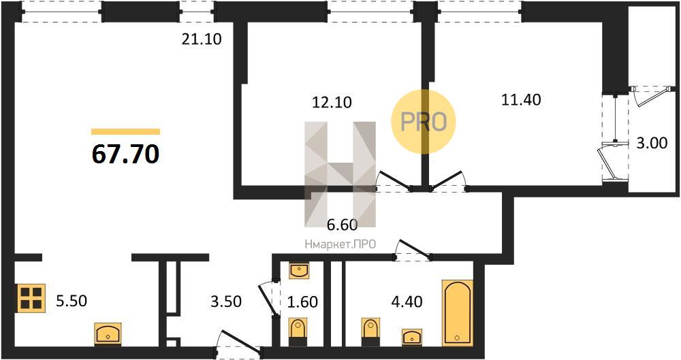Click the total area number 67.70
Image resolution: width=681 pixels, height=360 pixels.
[125, 154]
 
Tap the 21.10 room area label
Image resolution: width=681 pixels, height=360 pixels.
[202, 39]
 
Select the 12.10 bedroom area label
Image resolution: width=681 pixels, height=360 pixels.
[332, 103]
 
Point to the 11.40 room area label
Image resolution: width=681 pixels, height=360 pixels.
[521, 100]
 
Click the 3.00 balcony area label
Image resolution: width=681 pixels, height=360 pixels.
[652, 143]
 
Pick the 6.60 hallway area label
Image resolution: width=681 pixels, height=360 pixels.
[342, 225]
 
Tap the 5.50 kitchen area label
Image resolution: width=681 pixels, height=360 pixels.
[72, 301]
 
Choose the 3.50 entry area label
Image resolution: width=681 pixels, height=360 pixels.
[226, 301]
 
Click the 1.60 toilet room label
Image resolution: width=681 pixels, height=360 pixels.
[303, 301]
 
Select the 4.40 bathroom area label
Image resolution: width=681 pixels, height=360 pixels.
[407, 301]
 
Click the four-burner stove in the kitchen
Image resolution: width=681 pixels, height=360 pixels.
[31, 298]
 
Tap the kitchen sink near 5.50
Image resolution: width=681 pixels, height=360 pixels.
[108, 333]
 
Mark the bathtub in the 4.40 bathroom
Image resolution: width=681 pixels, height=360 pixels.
[457, 313]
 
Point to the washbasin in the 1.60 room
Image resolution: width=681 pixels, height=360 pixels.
[299, 271]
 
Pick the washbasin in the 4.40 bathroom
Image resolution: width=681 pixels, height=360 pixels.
[412, 338]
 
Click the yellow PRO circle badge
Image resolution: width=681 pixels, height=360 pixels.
[424, 122]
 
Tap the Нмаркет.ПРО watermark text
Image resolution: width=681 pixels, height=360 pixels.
[340, 244]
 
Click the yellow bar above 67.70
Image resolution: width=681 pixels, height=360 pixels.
[125, 131]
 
